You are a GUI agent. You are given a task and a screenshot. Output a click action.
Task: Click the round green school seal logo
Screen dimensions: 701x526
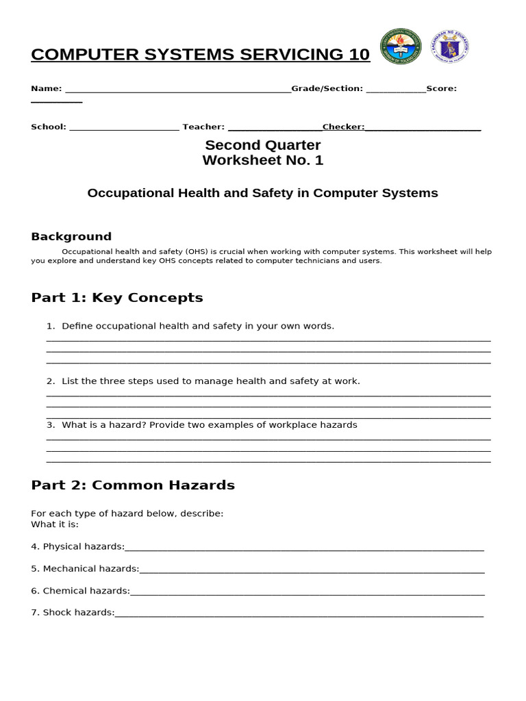coord(401,47)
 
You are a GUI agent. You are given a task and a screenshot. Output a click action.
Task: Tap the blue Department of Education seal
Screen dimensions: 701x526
coord(449,47)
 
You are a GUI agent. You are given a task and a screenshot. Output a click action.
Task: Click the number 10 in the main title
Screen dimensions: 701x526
coord(359,55)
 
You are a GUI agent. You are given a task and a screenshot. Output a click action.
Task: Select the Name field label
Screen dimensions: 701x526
coord(46,88)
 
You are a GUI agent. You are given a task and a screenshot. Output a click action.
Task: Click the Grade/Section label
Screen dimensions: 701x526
coord(327,88)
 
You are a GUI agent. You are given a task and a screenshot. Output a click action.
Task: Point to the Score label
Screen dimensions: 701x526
coord(441,88)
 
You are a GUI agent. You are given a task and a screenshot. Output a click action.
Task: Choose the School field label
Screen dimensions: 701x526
coord(49,127)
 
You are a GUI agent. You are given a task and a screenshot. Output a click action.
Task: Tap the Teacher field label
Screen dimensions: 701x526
coord(203,127)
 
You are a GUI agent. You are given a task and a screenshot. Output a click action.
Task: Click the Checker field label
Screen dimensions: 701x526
coord(343,127)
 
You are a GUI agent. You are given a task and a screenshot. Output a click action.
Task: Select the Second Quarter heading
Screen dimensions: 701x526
coord(263,145)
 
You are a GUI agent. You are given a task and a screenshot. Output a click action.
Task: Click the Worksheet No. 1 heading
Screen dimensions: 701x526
coord(263,160)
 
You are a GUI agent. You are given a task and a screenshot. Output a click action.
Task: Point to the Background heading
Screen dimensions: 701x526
coord(71,237)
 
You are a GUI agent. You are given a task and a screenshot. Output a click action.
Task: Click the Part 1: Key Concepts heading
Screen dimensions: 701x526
coord(117,298)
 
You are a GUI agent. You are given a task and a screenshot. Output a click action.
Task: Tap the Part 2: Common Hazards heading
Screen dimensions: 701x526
coord(133,485)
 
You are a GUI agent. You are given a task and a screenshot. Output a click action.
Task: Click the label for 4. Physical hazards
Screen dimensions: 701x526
coord(77,546)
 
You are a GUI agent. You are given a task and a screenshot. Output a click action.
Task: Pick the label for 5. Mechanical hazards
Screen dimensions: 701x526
coord(85,569)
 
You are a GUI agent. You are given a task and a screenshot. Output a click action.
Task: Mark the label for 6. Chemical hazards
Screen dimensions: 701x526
coord(80,591)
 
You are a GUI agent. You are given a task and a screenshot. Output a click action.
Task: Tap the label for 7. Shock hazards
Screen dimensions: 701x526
coord(73,613)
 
